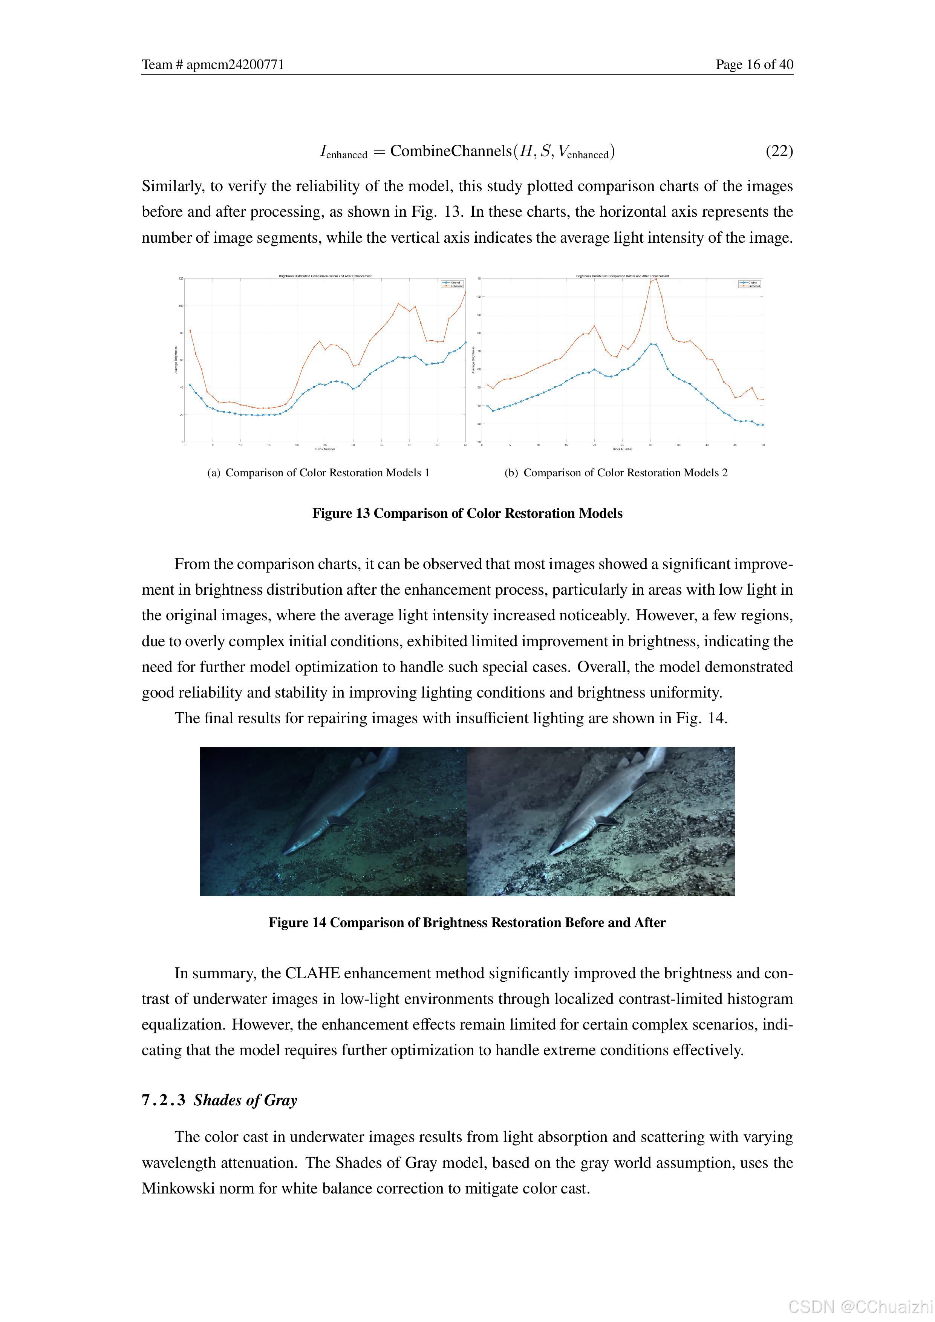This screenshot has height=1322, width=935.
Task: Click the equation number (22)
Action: pyautogui.click(x=779, y=151)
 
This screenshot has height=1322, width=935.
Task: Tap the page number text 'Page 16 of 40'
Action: pyautogui.click(x=754, y=64)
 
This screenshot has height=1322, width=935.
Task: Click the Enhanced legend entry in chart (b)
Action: pyautogui.click(x=751, y=286)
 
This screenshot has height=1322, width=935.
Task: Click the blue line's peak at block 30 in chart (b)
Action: pyautogui.click(x=650, y=344)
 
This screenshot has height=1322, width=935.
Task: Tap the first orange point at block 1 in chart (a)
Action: pyautogui.click(x=190, y=330)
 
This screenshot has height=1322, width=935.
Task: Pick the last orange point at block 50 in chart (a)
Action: pyautogui.click(x=465, y=292)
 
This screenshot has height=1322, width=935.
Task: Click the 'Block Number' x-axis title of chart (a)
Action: pyautogui.click(x=325, y=449)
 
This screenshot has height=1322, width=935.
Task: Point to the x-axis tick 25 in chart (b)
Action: pyautogui.click(x=622, y=445)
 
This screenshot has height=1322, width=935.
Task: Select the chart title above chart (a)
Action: pyautogui.click(x=325, y=276)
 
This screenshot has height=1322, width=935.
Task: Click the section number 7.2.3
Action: pyautogui.click(x=164, y=1100)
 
